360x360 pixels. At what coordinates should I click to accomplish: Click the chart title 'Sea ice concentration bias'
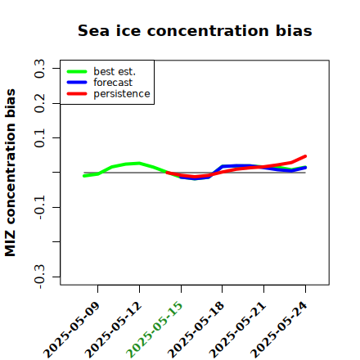(195, 30)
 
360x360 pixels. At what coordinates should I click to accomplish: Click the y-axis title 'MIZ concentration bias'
(11, 173)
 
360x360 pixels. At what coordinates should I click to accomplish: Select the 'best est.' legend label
(115, 71)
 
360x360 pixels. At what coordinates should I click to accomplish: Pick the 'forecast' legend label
(113, 83)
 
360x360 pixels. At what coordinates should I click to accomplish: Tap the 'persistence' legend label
(122, 94)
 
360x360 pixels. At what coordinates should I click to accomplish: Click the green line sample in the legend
(77, 71)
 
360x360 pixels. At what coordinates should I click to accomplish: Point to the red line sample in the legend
(77, 94)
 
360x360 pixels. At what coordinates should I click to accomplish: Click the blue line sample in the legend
(77, 83)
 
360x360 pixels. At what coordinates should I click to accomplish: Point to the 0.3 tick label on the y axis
(39, 69)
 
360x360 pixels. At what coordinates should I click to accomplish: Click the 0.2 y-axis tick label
(39, 103)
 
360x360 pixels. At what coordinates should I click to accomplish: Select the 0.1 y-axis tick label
(39, 138)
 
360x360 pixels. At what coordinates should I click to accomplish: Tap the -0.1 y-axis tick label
(39, 207)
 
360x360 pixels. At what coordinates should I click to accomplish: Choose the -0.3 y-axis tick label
(39, 277)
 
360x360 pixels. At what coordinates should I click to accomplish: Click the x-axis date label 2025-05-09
(71, 330)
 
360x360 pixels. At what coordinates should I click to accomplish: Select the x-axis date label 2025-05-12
(113, 330)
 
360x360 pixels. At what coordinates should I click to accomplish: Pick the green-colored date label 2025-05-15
(155, 330)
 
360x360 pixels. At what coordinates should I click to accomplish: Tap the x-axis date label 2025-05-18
(196, 330)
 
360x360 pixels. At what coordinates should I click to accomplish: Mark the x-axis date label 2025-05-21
(237, 330)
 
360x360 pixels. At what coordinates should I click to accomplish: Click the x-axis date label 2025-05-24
(279, 330)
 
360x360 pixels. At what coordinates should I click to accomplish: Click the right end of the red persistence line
(305, 156)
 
